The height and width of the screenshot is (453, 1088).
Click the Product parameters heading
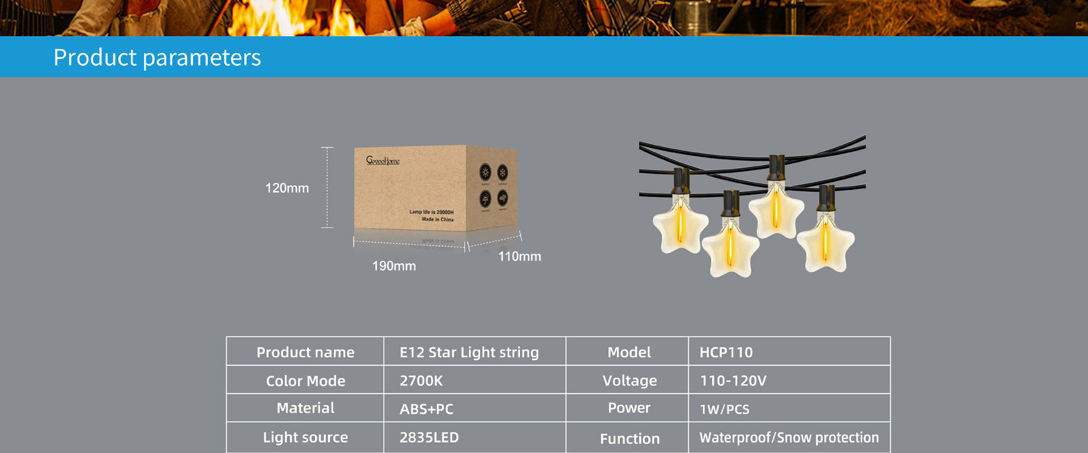click(157, 57)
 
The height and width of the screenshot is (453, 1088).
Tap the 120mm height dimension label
click(287, 188)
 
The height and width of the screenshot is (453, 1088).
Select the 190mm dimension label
click(394, 266)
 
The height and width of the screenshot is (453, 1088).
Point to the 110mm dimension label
click(519, 257)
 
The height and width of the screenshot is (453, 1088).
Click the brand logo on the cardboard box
click(382, 161)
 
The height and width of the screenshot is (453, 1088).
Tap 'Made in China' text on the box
click(437, 219)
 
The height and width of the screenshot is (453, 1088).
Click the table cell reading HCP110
click(726, 352)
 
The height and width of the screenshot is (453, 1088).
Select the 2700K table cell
click(421, 381)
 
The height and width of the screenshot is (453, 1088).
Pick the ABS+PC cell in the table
click(426, 409)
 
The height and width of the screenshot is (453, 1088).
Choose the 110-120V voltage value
click(733, 381)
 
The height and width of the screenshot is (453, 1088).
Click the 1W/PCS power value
click(724, 409)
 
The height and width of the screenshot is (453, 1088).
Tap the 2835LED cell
click(429, 437)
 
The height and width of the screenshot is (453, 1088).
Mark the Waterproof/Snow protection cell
click(789, 437)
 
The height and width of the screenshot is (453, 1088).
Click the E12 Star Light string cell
click(469, 352)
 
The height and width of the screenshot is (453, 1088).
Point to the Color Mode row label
click(305, 381)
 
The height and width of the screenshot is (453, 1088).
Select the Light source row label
click(305, 437)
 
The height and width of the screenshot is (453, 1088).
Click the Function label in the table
click(630, 438)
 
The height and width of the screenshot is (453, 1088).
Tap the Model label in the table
click(629, 352)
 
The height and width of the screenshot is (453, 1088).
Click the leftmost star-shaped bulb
click(680, 226)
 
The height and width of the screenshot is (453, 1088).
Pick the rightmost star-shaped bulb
click(826, 243)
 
